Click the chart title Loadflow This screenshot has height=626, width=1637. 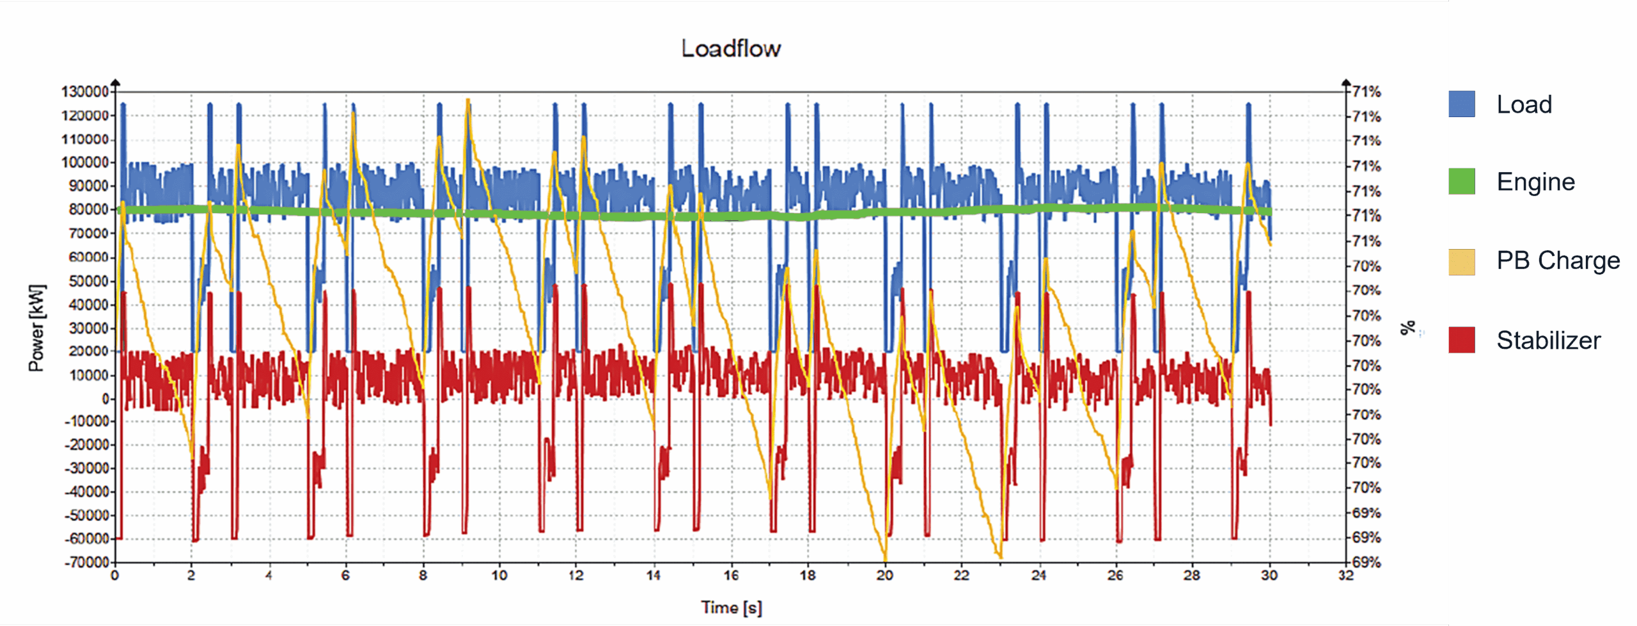click(731, 49)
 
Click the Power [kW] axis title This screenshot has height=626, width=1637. click(36, 328)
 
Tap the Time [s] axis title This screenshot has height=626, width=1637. click(731, 607)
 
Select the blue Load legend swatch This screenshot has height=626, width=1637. click(1462, 104)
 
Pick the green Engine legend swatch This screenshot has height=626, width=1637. click(1462, 182)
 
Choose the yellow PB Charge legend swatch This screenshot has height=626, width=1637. click(1462, 262)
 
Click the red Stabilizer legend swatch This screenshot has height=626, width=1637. click(1462, 340)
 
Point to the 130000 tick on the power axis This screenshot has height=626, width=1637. click(84, 92)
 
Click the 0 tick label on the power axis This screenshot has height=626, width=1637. click(106, 399)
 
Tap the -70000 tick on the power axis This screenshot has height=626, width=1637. click(86, 562)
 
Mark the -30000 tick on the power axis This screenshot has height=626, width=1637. click(86, 468)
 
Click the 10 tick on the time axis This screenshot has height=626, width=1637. click(499, 575)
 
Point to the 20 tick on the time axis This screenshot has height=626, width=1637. click(885, 575)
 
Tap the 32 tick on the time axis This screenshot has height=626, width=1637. click(1346, 575)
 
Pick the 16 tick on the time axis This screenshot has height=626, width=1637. click(731, 575)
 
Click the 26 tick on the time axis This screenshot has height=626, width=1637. click(1116, 575)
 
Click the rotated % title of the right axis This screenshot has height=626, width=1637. click(1407, 328)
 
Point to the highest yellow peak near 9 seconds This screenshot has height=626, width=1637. click(468, 100)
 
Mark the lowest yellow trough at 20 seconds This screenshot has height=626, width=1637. click(886, 560)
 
